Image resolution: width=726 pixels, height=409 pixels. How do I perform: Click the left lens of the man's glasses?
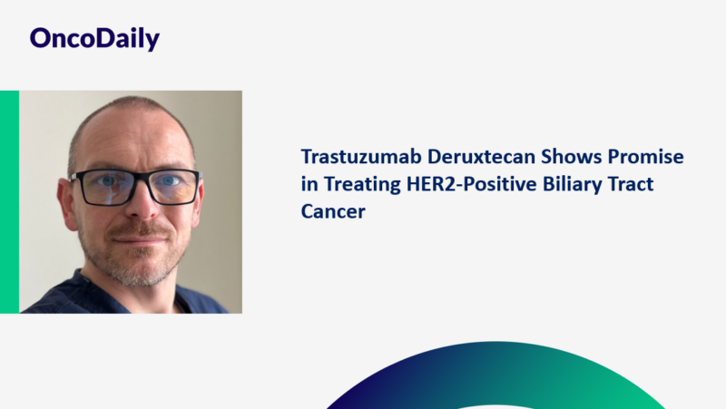coord(103,187)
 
